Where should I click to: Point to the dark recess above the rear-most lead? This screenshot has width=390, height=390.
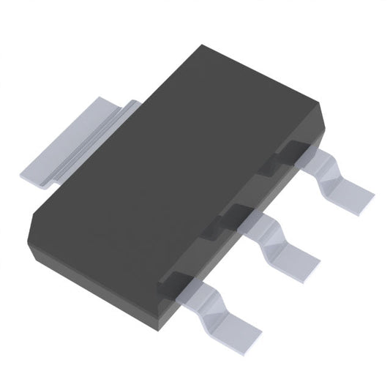[289, 150]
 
